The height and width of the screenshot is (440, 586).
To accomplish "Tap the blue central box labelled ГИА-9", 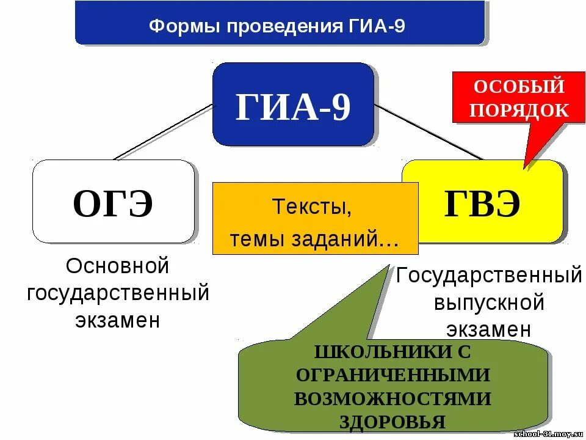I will pyautogui.click(x=293, y=105).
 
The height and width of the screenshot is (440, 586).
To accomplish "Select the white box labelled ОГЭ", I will pyautogui.click(x=114, y=202).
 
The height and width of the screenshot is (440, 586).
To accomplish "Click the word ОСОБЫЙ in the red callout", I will pyautogui.click(x=519, y=86).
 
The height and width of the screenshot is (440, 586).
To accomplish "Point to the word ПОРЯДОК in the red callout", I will pyautogui.click(x=519, y=109).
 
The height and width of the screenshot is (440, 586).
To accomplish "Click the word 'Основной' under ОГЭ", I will pyautogui.click(x=117, y=266).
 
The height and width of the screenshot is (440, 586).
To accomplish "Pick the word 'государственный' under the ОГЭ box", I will pyautogui.click(x=118, y=293).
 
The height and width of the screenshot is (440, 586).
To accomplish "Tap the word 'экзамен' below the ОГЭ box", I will pyautogui.click(x=118, y=320).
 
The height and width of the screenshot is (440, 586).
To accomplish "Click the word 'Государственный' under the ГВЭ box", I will pyautogui.click(x=489, y=276).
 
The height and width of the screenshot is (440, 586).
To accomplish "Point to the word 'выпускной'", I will pyautogui.click(x=489, y=302).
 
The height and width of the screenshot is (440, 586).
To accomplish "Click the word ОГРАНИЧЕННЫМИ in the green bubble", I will pyautogui.click(x=392, y=375).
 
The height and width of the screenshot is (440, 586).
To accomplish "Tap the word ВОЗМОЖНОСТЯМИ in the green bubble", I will pyautogui.click(x=392, y=398).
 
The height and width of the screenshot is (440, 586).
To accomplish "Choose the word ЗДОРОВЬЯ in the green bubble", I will pyautogui.click(x=392, y=421).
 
